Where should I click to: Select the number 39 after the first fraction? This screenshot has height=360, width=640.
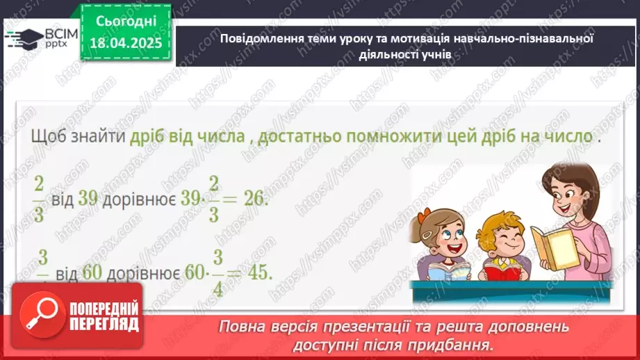pyautogui.click(x=88, y=198)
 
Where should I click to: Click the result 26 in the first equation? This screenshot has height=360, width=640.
pyautogui.click(x=255, y=198)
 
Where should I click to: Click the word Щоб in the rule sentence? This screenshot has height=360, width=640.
pyautogui.click(x=46, y=137)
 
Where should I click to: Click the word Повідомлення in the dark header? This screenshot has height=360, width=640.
pyautogui.click(x=258, y=38)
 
